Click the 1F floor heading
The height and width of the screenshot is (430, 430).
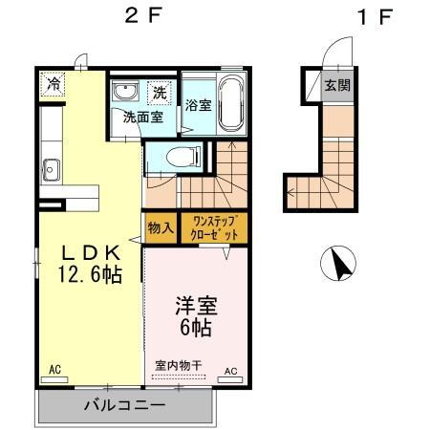point(375,16)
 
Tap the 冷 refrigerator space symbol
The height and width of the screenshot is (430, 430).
point(53,84)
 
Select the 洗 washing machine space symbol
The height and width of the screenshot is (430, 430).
point(160,93)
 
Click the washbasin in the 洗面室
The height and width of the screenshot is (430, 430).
point(126,91)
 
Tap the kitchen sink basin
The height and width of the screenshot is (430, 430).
point(51,170)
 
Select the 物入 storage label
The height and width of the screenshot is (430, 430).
point(161,228)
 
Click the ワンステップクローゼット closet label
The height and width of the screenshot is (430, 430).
point(214,228)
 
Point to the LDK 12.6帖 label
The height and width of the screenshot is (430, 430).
point(91,264)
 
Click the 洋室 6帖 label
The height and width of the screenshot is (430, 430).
point(196,316)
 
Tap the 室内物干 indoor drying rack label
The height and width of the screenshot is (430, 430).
point(179,365)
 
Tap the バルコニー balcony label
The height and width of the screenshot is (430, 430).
point(125,405)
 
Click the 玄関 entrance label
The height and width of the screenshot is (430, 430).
point(337,85)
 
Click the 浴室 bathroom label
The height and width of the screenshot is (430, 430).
point(199,105)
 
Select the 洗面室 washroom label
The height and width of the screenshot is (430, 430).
point(143,118)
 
